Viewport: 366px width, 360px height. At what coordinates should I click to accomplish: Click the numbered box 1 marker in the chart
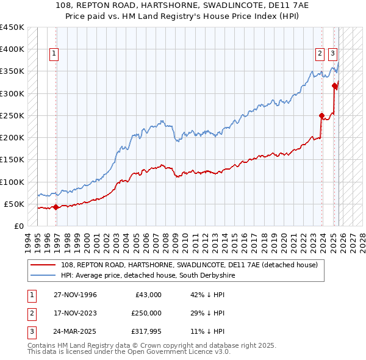[x=54, y=54]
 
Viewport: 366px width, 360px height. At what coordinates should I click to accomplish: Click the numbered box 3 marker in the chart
[x=333, y=54]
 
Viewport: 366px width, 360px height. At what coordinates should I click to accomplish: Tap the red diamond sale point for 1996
[x=56, y=207]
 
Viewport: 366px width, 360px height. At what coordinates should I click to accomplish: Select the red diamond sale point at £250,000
[x=321, y=115]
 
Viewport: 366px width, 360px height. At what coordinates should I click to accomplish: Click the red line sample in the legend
[x=43, y=265]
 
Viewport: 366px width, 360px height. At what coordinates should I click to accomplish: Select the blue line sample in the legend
[x=43, y=276]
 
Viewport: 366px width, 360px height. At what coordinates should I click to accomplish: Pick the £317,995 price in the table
[x=146, y=331]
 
